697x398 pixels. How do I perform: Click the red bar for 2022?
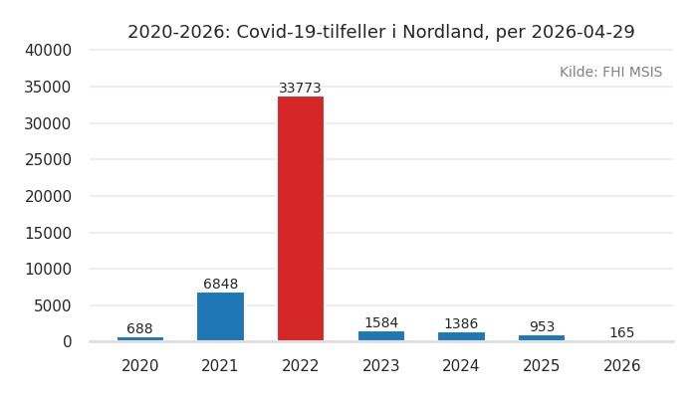coord(301,219)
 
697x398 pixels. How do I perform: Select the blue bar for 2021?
coord(220,316)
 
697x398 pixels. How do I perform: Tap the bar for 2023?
coord(381,336)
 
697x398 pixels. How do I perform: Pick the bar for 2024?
coord(461,336)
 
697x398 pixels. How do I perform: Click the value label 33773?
coord(301,89)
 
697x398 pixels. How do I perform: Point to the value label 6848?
coord(220,285)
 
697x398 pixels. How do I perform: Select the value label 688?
coord(140,329)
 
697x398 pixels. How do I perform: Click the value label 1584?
coord(381,323)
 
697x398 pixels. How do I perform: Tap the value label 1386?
coord(461,324)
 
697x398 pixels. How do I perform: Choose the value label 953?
coord(542,327)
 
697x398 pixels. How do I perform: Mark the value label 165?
coord(622,333)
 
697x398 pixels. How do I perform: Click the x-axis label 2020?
coord(140,366)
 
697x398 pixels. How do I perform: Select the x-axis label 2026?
coord(622,366)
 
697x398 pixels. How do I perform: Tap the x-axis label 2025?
coord(542,366)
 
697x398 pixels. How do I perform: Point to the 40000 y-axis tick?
coord(48,51)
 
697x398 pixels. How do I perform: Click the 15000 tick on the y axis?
coord(48,233)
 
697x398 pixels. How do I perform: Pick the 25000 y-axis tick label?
coord(48,160)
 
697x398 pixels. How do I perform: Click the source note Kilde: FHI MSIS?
coord(610,73)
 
